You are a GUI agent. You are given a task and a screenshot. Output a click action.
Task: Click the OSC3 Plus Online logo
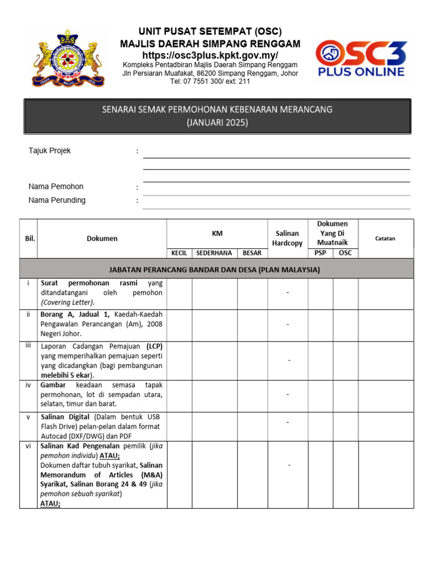tap(361, 58)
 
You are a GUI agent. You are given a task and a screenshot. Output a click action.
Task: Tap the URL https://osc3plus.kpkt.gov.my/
tap(210, 56)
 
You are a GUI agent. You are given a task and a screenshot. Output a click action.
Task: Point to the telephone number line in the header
tap(210, 81)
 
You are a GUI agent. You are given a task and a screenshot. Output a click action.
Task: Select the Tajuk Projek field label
tap(50, 151)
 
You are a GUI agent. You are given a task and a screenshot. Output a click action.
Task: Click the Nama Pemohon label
tap(56, 187)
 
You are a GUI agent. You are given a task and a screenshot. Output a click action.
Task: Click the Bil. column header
tap(30, 238)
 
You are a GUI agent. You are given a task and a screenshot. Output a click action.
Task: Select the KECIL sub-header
tap(179, 253)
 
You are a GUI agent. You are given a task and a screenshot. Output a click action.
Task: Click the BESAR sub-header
tap(252, 253)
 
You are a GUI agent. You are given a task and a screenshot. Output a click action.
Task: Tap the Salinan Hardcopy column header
tap(287, 238)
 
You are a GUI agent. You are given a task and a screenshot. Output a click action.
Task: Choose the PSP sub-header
tap(320, 253)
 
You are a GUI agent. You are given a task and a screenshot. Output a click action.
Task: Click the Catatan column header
tap(385, 238)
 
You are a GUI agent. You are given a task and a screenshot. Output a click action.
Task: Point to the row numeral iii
tap(29, 345)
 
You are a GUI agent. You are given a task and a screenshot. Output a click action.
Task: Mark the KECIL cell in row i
tap(179, 293)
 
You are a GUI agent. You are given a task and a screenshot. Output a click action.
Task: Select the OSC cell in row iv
tap(345, 395)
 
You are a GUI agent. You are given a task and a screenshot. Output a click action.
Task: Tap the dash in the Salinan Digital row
tap(287, 422)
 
